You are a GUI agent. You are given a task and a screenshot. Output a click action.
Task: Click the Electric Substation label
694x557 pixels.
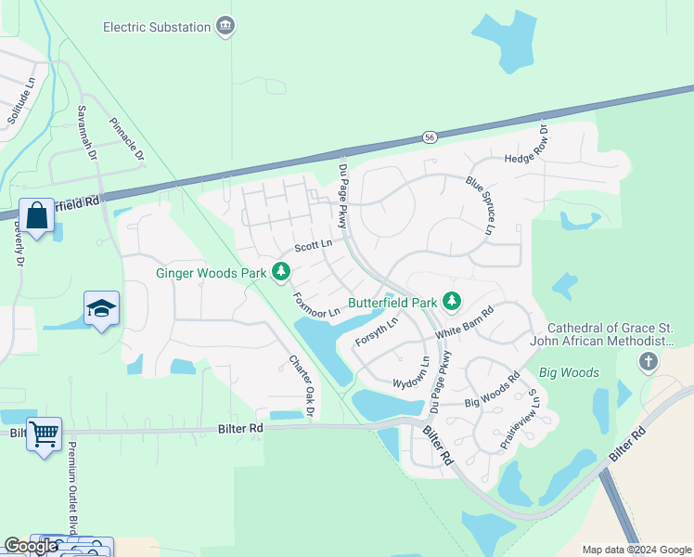click(x=157, y=27)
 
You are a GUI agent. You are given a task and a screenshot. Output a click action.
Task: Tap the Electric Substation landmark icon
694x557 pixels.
click(x=225, y=27)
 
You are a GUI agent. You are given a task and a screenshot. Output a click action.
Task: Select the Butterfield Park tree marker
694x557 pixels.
click(x=452, y=301)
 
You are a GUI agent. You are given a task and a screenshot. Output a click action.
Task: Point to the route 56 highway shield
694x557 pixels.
click(x=429, y=136)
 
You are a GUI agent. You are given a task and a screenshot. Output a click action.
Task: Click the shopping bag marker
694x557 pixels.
click(x=36, y=217)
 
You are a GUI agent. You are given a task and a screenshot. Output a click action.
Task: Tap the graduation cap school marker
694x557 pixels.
click(x=101, y=308)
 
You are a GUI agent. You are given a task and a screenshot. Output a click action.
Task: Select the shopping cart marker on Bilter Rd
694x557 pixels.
click(x=44, y=434)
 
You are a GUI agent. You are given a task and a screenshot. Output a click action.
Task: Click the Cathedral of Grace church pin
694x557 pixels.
click(x=648, y=361)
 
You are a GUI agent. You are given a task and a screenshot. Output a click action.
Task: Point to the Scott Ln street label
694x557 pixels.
click(x=313, y=247)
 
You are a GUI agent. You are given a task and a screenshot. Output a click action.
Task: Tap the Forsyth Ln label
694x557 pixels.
click(x=377, y=332)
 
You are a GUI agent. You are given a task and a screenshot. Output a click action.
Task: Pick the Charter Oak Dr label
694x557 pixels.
click(x=302, y=385)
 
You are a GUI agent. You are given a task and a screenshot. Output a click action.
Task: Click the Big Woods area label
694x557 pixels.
click(x=570, y=373)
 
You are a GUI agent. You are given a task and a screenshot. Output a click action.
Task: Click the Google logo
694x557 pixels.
click(x=31, y=546)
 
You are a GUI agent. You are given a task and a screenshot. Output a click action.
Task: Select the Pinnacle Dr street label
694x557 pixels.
click(x=127, y=140)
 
